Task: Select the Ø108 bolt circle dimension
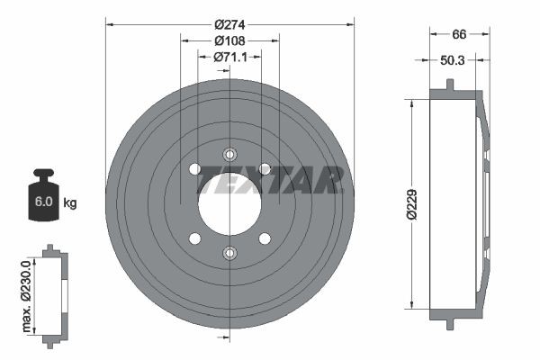click(229, 40)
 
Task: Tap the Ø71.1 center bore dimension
click(229, 58)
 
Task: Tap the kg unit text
click(70, 202)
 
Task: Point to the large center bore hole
click(229, 203)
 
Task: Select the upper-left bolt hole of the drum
click(194, 168)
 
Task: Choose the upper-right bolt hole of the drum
click(265, 168)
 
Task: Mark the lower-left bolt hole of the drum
click(194, 238)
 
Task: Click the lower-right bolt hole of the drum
click(265, 238)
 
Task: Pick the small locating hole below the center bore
click(229, 253)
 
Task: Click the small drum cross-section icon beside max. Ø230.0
click(56, 293)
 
